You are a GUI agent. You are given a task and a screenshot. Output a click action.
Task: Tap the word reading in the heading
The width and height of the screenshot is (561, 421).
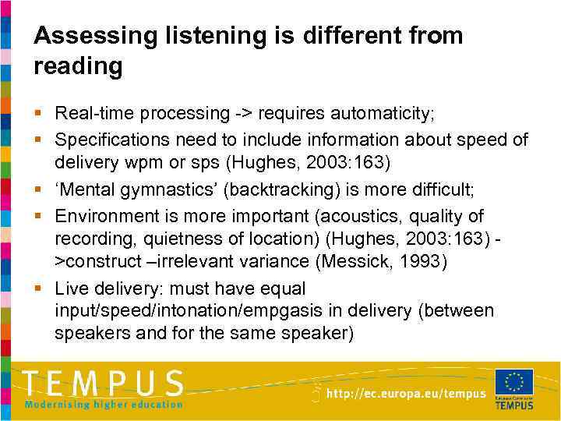click(x=78, y=67)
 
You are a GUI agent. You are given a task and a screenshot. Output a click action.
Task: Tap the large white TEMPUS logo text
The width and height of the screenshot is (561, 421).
click(x=103, y=383)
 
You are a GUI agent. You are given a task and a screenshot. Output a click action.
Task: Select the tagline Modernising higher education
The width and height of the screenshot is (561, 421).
click(x=104, y=404)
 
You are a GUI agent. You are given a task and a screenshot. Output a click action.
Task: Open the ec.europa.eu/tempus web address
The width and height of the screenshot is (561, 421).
click(x=406, y=394)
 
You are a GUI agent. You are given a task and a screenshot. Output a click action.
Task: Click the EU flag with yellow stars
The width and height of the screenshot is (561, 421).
click(x=514, y=382)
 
